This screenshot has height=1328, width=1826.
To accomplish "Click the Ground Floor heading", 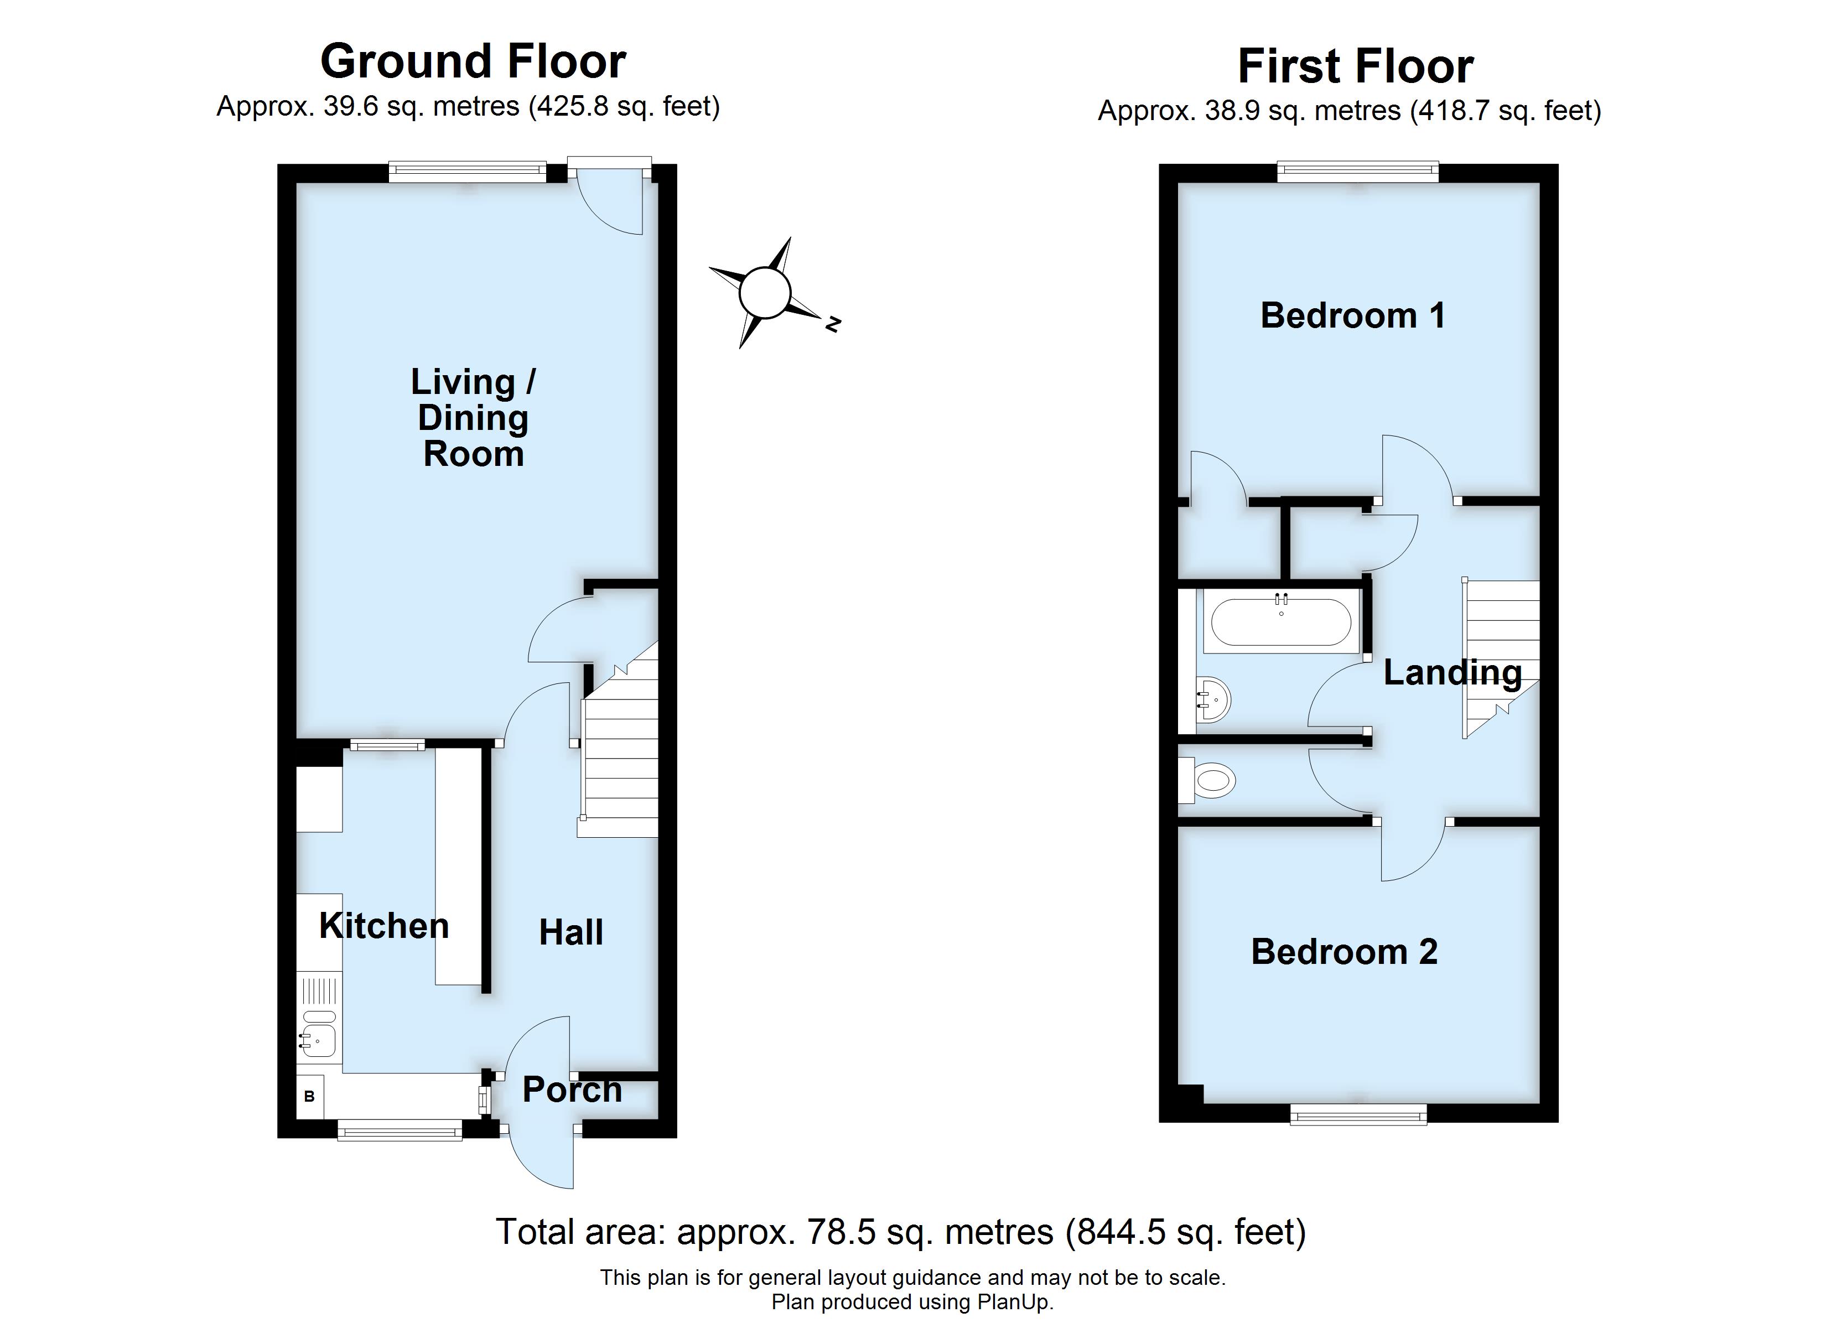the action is point(474,61).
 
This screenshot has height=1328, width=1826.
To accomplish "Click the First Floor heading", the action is point(1356,66).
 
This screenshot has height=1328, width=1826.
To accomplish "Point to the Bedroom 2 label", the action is point(1345,952).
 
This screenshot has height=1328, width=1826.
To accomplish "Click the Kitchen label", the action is point(384,926).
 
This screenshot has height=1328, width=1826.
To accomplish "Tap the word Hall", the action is point(571,932).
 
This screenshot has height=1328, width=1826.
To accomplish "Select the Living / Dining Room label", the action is point(474,417).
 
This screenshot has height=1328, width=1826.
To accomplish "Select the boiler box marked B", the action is point(310,1097).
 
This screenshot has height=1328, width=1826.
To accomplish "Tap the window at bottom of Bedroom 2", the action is point(1358,1114).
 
